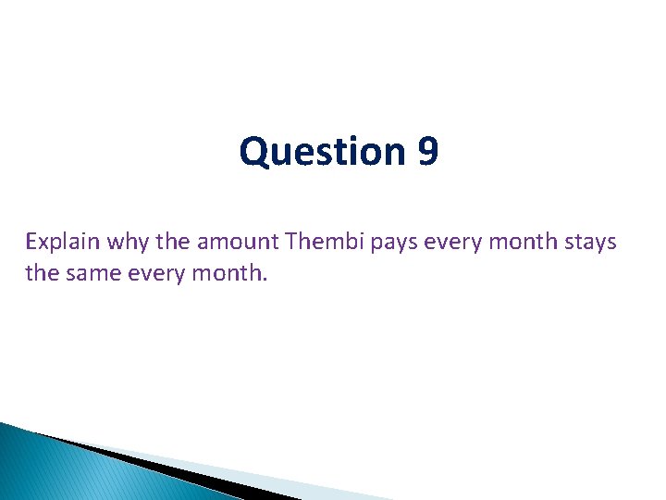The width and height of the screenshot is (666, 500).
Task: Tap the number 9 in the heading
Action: [427, 152]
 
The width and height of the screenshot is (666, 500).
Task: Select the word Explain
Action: [63, 242]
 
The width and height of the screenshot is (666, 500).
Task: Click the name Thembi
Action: [322, 242]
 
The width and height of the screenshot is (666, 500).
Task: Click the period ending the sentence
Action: [265, 279]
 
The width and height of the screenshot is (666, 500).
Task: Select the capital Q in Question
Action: [253, 152]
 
